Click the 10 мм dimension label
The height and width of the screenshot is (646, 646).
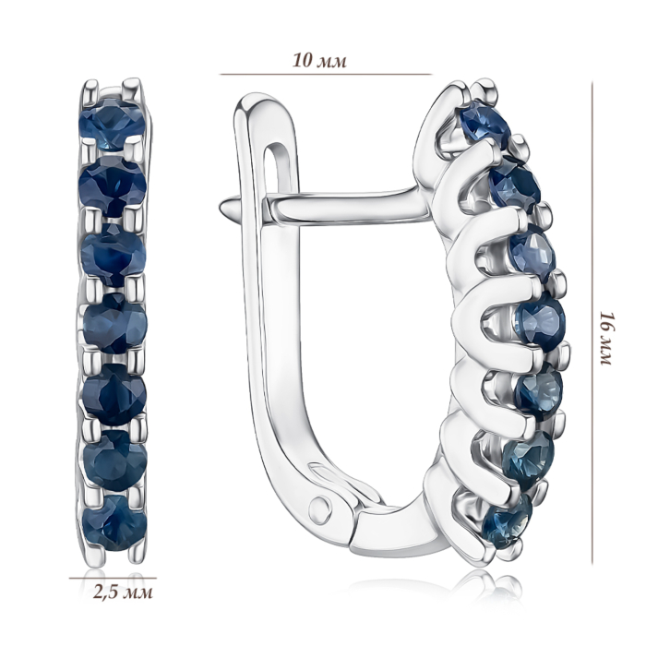click(320, 61)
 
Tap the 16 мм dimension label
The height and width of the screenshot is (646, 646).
click(606, 339)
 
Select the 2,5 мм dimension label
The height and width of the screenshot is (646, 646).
click(124, 592)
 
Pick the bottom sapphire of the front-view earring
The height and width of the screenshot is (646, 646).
click(114, 522)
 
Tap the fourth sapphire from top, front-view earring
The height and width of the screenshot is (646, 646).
click(115, 327)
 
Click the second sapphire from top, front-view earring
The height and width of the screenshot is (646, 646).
click(113, 185)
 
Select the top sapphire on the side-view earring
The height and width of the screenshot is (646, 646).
click(484, 123)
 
